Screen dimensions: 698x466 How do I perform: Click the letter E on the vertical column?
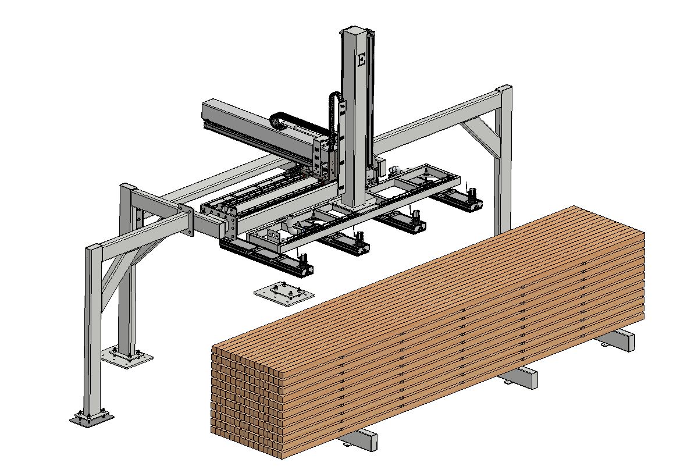[361, 59]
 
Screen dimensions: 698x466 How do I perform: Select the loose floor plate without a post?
[284, 294]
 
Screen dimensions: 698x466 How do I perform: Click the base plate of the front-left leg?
[91, 418]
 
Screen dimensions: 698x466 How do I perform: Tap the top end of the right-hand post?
[504, 89]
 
